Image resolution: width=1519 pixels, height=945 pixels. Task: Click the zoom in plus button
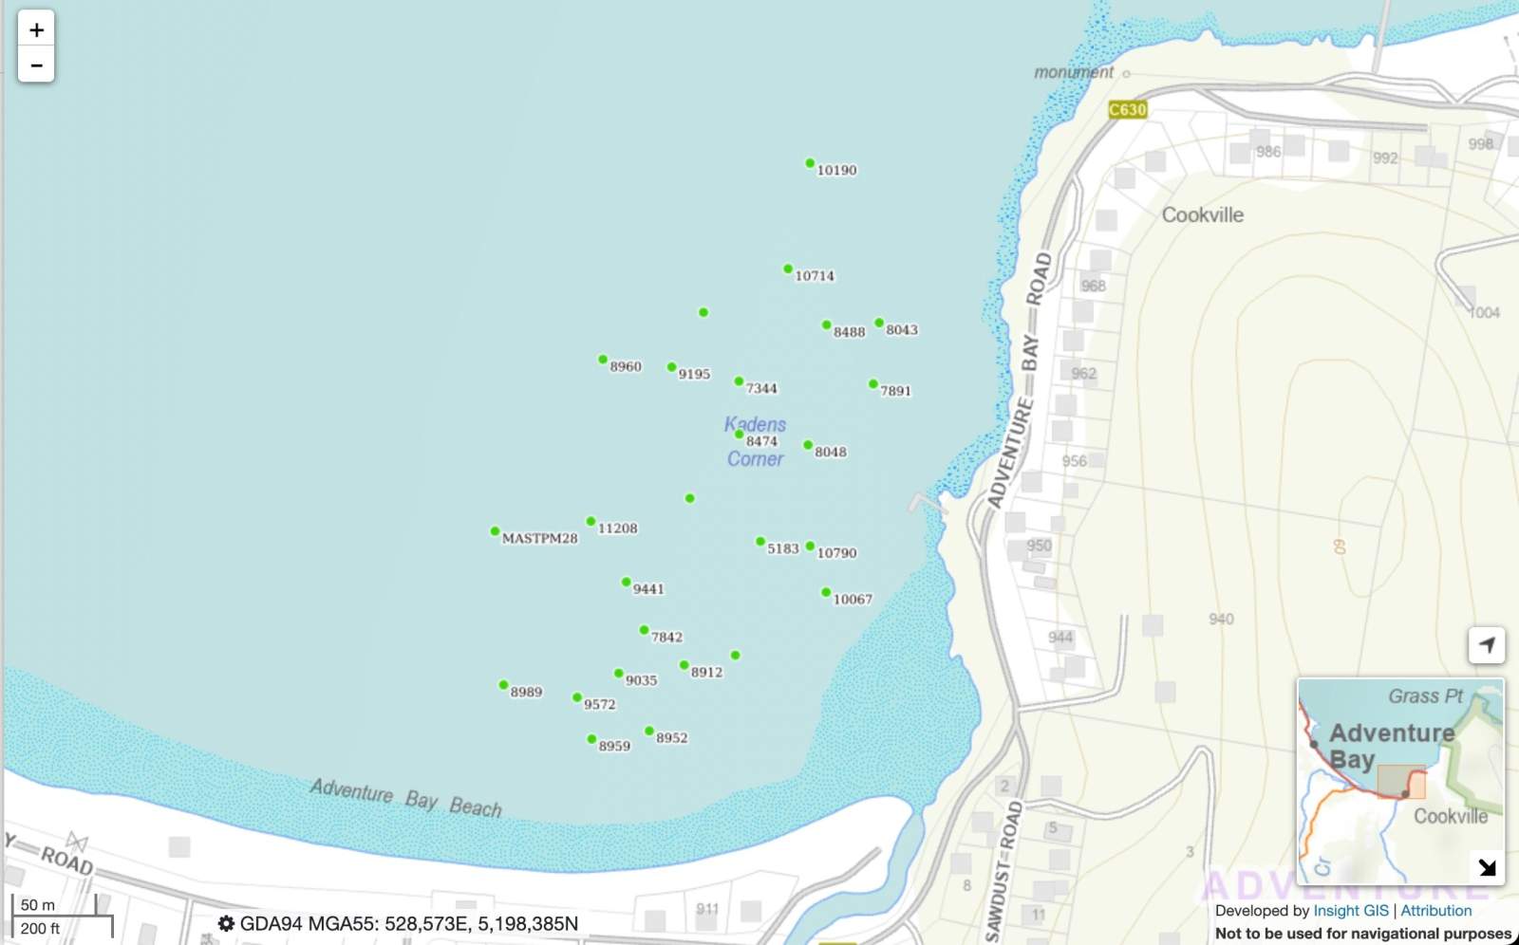36,29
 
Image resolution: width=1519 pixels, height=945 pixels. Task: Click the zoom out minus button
36,65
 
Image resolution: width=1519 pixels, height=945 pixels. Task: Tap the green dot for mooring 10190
810,163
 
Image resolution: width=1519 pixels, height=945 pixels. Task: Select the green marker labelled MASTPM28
495,531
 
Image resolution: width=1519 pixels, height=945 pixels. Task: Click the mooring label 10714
815,276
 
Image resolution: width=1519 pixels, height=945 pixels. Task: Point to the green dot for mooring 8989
503,685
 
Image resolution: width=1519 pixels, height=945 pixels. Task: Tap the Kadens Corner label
756,441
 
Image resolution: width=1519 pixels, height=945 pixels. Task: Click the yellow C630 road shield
1128,110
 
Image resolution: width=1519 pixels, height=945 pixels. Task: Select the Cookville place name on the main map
1203,215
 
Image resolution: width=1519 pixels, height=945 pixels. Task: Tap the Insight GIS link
1350,911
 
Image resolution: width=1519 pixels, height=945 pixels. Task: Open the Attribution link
1436,911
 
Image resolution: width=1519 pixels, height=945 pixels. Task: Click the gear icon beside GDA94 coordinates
226,923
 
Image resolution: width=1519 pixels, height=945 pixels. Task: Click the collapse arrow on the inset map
1487,867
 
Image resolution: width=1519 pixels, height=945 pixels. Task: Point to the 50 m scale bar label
38,905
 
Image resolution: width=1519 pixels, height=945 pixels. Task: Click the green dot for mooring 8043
879,323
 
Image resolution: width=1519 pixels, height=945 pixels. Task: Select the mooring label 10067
853,600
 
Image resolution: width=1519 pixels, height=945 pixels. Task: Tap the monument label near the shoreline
1074,72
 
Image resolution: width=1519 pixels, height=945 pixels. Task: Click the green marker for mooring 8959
591,739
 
